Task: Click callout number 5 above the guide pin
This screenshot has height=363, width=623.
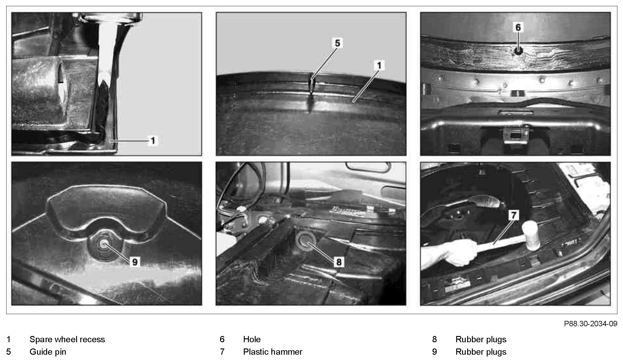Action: [x=337, y=43]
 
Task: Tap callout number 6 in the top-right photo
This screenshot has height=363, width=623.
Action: [x=518, y=27]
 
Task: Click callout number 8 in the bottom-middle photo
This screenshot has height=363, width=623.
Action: [x=339, y=262]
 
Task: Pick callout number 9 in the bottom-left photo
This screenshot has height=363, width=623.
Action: [x=135, y=262]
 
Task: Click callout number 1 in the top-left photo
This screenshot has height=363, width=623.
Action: [x=153, y=141]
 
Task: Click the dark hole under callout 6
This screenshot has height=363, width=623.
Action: [x=518, y=51]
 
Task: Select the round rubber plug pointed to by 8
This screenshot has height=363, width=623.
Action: [x=305, y=240]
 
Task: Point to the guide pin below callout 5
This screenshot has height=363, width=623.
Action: [x=312, y=85]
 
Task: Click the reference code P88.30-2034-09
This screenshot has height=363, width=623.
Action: [x=590, y=324]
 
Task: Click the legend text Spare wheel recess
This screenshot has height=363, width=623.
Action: [x=67, y=339]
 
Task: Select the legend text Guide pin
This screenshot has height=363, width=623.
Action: [x=48, y=352]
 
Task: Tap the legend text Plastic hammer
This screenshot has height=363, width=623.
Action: [x=273, y=352]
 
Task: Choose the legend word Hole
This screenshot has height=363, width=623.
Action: [x=252, y=339]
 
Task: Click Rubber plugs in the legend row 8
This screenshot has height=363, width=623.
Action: [x=481, y=339]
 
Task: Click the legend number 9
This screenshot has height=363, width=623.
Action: [x=434, y=352]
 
